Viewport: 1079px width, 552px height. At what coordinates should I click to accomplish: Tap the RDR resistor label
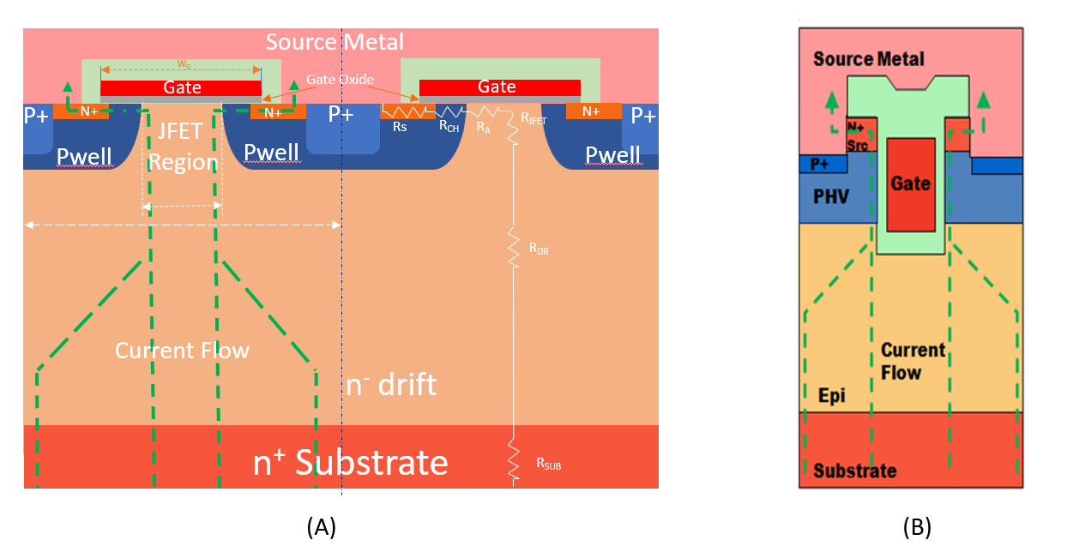(539, 249)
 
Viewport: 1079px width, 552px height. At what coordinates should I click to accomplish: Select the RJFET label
(533, 121)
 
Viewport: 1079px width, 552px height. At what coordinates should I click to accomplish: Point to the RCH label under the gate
(449, 126)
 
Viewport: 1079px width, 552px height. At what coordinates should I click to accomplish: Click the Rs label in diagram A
(400, 126)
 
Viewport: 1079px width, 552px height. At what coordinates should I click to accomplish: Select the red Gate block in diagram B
(910, 183)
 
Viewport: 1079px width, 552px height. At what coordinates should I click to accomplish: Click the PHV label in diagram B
(831, 197)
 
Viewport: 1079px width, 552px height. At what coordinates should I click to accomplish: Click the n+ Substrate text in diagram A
(350, 462)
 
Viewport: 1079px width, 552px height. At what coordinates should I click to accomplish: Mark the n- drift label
(390, 385)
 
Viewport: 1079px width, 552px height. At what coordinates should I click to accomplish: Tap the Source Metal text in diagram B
(869, 59)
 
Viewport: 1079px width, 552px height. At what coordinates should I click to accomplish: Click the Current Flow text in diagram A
(182, 350)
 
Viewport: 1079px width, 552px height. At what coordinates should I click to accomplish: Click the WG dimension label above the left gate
(184, 63)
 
